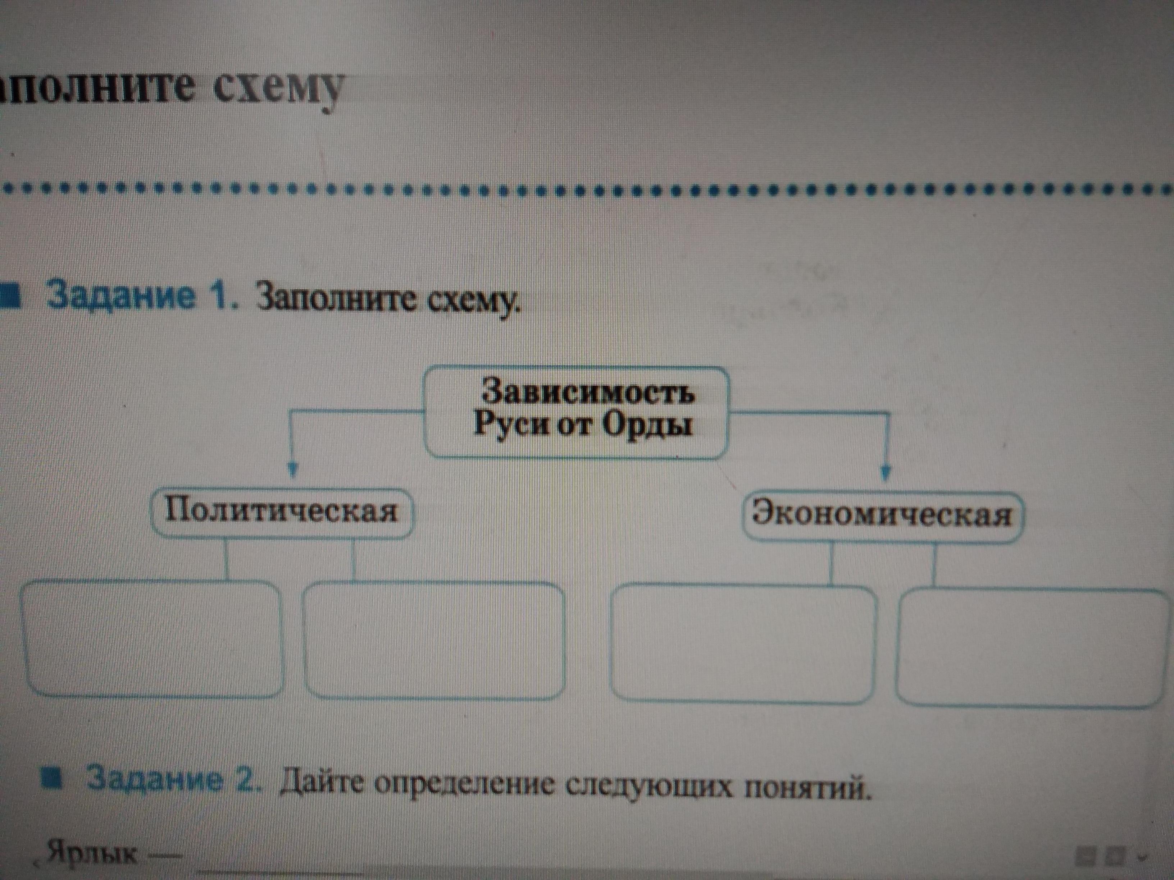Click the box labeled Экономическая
(882, 515)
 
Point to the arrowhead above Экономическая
(885, 471)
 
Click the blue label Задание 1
(140, 297)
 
